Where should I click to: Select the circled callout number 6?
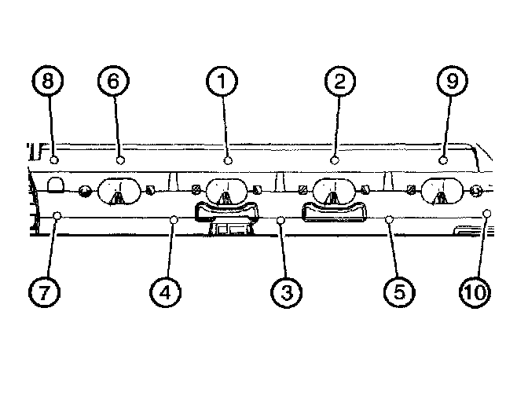click(x=114, y=80)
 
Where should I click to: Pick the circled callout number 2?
click(x=339, y=80)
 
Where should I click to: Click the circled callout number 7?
click(x=45, y=292)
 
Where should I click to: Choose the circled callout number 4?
click(x=166, y=292)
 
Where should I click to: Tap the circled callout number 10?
click(x=474, y=292)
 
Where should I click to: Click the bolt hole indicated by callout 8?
click(x=53, y=159)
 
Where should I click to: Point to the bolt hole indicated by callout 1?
click(x=228, y=159)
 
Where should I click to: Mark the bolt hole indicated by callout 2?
click(x=335, y=159)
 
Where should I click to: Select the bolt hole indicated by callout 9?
click(x=442, y=159)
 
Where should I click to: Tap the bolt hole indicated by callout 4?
click(x=174, y=220)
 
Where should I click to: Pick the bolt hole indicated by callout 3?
click(x=281, y=220)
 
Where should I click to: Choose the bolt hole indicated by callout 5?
click(x=389, y=220)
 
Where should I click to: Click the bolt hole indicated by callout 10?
click(x=488, y=213)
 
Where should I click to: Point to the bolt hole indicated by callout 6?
click(x=120, y=159)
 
